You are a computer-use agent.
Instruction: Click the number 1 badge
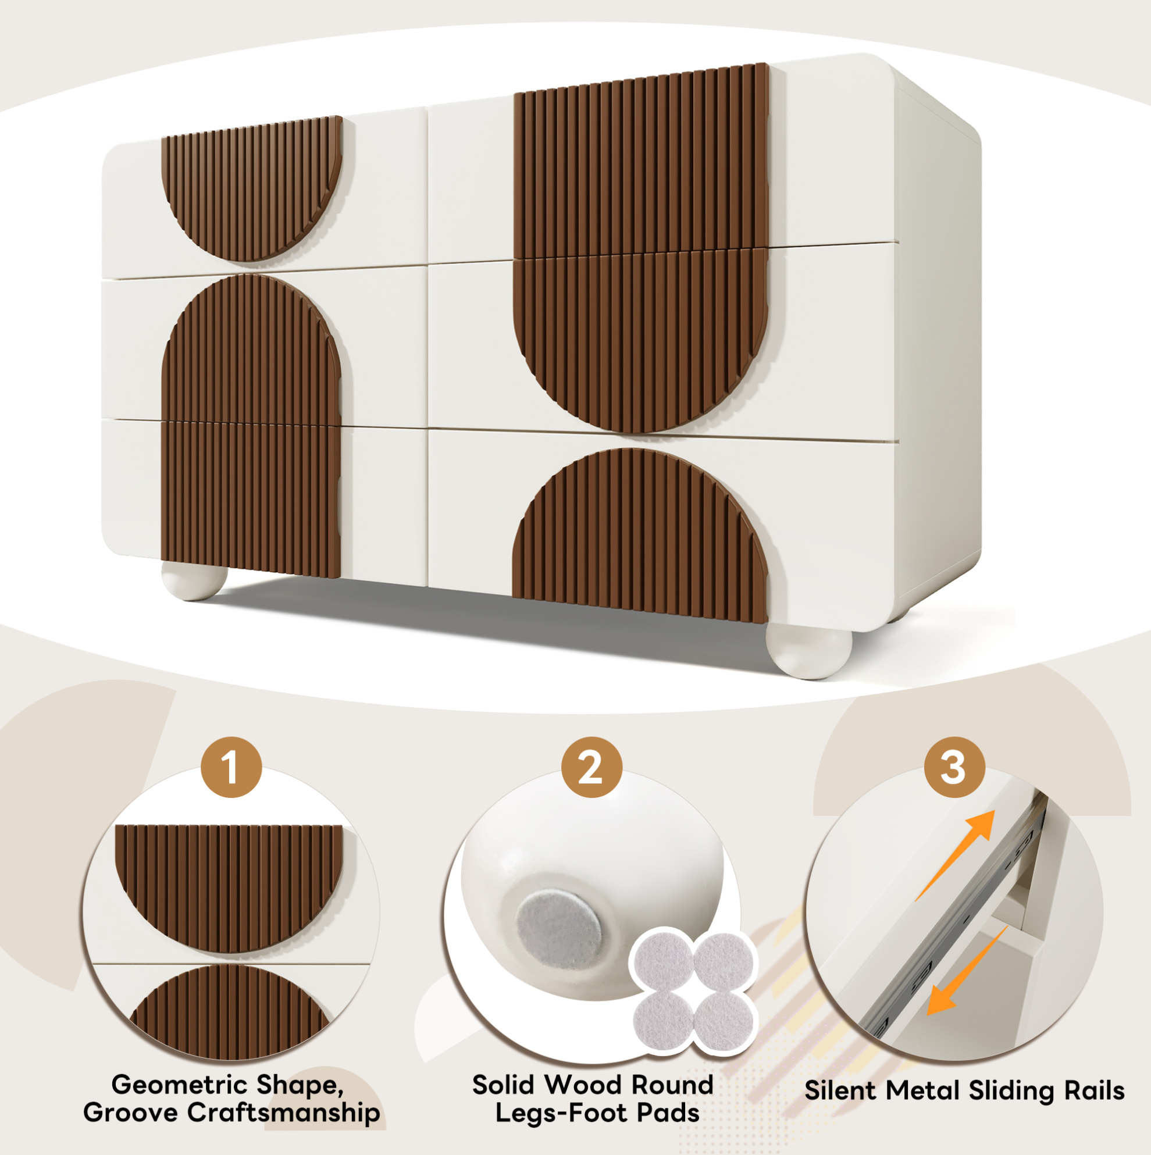tap(231, 767)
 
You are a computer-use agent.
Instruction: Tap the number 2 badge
tap(591, 767)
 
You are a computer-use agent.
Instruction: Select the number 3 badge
tap(954, 767)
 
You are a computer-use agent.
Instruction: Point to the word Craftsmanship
tap(284, 1113)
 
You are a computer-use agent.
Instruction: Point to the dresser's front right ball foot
tap(809, 651)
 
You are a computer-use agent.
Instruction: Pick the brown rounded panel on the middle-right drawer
tap(640, 341)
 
